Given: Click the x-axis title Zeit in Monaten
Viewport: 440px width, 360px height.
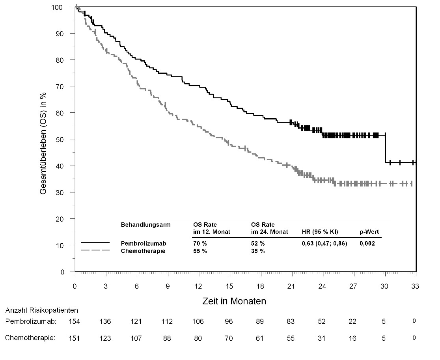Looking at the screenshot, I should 234,301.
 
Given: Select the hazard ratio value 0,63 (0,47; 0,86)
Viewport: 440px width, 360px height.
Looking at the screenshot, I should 324,244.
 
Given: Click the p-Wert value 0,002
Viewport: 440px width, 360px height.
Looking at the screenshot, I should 367,244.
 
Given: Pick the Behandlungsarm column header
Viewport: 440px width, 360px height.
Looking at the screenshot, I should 145,225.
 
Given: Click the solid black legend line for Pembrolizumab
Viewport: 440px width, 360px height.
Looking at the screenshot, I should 95,242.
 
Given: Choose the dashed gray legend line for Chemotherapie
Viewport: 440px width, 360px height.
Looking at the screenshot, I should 95,250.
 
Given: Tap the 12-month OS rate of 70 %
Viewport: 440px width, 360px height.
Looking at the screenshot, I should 199,244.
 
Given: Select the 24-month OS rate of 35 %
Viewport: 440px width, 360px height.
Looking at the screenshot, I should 258,252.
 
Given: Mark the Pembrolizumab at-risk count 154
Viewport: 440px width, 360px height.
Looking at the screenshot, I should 75,322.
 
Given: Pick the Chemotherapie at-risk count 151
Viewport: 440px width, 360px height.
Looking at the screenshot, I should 75,338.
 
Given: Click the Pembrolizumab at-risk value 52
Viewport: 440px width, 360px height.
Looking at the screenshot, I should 322,322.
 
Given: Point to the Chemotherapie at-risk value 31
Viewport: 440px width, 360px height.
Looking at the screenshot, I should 322,338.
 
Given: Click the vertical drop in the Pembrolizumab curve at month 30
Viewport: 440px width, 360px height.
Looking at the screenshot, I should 385,149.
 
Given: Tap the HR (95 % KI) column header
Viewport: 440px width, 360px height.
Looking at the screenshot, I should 320,232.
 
